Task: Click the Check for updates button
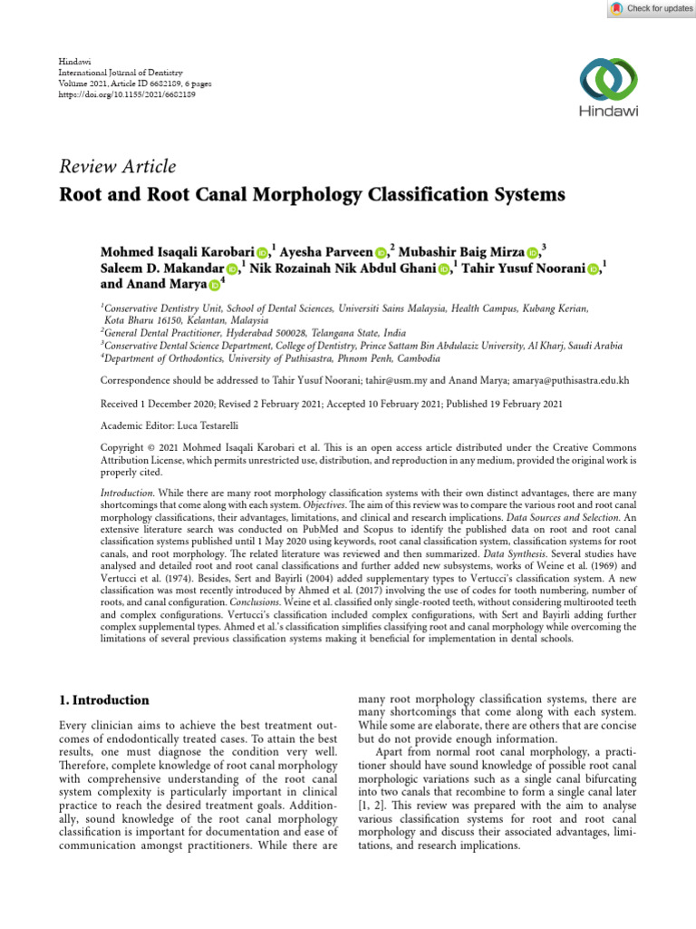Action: (x=650, y=8)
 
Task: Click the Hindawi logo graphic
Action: (x=609, y=80)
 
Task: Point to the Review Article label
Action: (x=118, y=166)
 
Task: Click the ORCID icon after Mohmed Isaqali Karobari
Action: (x=262, y=252)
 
